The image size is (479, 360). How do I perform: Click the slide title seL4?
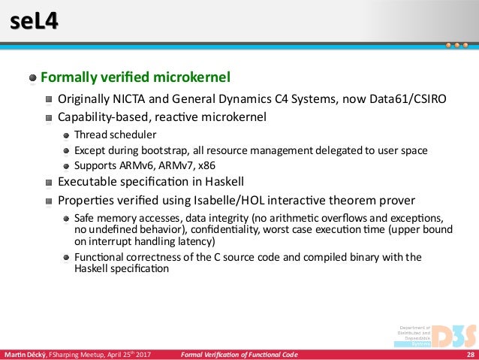[x=32, y=23]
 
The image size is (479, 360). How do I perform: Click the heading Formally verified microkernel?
[x=134, y=77]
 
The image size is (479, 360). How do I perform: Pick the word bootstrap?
[x=153, y=150]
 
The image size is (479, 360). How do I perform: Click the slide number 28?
[x=470, y=354]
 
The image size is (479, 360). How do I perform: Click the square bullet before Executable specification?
[x=49, y=183]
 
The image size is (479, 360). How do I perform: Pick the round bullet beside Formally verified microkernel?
[x=33, y=78]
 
